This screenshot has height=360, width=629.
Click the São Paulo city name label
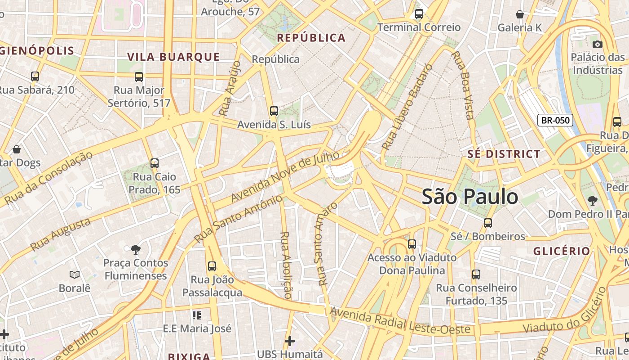click(x=470, y=197)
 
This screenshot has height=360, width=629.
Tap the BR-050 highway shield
click(x=555, y=120)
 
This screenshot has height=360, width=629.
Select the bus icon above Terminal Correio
click(x=419, y=14)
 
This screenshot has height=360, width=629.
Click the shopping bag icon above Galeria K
click(x=520, y=14)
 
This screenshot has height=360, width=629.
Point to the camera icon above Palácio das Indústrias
click(x=597, y=44)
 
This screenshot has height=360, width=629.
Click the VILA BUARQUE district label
click(x=173, y=57)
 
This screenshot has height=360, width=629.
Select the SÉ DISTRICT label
click(x=504, y=154)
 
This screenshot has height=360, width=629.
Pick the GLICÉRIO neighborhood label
click(x=562, y=251)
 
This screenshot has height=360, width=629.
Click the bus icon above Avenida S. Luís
click(x=274, y=111)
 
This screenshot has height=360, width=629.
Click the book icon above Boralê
click(x=75, y=274)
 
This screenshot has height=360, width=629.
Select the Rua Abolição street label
click(x=286, y=265)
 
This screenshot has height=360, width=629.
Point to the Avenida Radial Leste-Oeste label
click(x=400, y=321)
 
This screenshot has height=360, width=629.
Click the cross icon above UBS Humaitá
click(x=290, y=341)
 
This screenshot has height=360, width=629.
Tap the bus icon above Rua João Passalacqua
click(x=212, y=266)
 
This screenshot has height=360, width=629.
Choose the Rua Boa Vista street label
click(x=463, y=85)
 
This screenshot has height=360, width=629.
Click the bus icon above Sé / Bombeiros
click(x=487, y=223)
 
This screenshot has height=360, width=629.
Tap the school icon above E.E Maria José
click(x=196, y=315)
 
